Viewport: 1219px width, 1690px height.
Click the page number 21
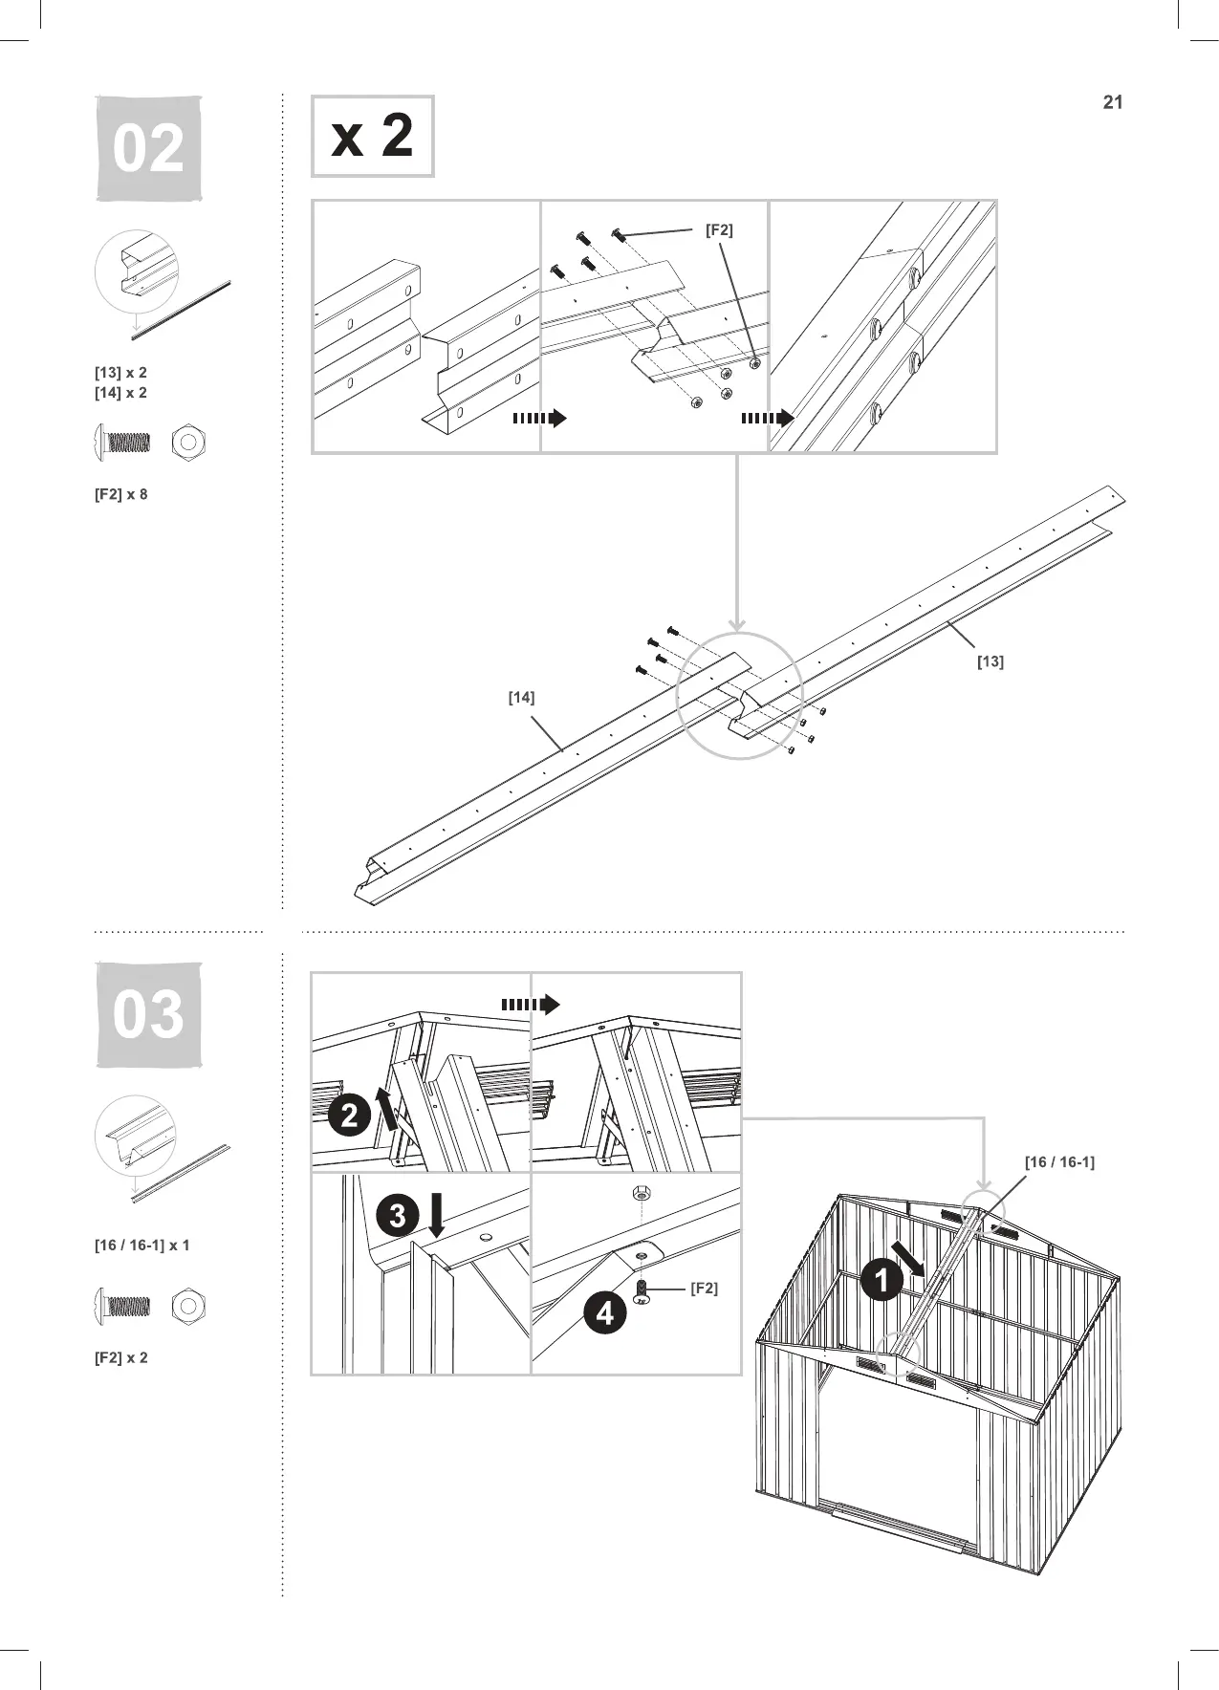(x=1112, y=103)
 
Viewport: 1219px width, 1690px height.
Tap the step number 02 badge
(x=148, y=149)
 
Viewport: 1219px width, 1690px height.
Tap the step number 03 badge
(x=148, y=1014)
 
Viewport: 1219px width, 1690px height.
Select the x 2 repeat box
(x=372, y=136)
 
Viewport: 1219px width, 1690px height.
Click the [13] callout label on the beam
(x=990, y=661)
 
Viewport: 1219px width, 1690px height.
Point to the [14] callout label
(x=521, y=698)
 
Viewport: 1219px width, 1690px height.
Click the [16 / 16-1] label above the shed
(x=1059, y=1162)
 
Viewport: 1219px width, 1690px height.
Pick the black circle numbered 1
(x=882, y=1281)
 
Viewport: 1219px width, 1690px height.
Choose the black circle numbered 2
(x=350, y=1116)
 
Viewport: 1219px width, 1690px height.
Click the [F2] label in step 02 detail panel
(x=719, y=230)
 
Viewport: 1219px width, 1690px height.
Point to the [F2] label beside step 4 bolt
(x=704, y=1289)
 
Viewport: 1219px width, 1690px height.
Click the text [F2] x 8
(x=120, y=495)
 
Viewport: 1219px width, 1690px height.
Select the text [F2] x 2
(x=120, y=1358)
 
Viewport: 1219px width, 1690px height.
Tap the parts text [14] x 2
(x=120, y=393)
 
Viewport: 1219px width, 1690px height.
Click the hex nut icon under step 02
(x=188, y=443)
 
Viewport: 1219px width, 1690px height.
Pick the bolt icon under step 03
(x=121, y=1305)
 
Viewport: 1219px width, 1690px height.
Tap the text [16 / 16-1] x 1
(x=141, y=1246)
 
